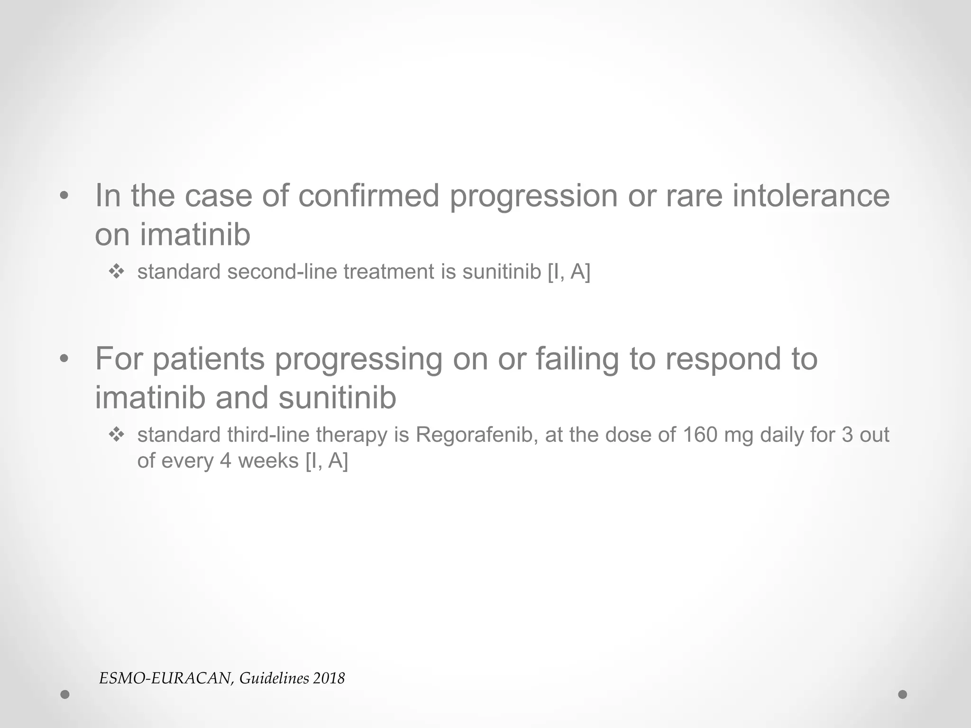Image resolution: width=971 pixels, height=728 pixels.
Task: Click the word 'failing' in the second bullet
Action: (x=577, y=359)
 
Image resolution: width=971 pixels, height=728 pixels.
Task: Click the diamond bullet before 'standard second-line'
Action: (x=116, y=272)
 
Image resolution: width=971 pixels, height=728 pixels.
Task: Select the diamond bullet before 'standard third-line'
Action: (x=116, y=435)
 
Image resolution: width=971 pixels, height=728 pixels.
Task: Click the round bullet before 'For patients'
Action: (x=64, y=359)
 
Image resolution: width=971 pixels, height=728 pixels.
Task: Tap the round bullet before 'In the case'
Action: (x=64, y=196)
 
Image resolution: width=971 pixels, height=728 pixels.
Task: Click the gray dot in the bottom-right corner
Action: (x=903, y=694)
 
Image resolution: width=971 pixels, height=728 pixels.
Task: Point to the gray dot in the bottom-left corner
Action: (x=65, y=694)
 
